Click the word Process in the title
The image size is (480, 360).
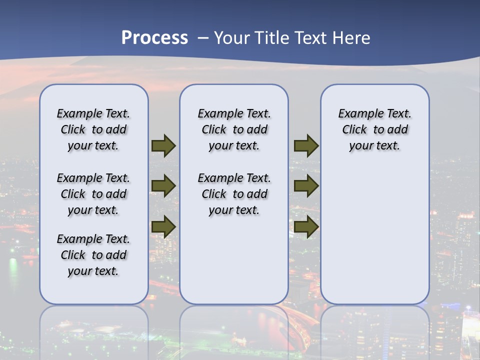pyautogui.click(x=154, y=38)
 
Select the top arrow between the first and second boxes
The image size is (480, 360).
pyautogui.click(x=163, y=145)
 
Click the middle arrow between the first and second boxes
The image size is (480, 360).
pyautogui.click(x=163, y=186)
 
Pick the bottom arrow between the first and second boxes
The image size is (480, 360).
pyautogui.click(x=163, y=226)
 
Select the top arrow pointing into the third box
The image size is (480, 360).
pyautogui.click(x=306, y=145)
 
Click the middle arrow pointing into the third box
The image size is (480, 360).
pyautogui.click(x=306, y=186)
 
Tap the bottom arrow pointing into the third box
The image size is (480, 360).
pyautogui.click(x=306, y=226)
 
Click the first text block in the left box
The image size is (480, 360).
pyautogui.click(x=93, y=129)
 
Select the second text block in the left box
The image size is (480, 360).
pyautogui.click(x=93, y=194)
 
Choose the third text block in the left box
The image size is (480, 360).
pyautogui.click(x=93, y=255)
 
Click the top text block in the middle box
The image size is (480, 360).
pyautogui.click(x=234, y=129)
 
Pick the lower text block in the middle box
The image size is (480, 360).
pyautogui.click(x=234, y=194)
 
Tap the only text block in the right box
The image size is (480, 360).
pyautogui.click(x=374, y=129)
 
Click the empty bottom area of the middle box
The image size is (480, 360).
pyautogui.click(x=234, y=265)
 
